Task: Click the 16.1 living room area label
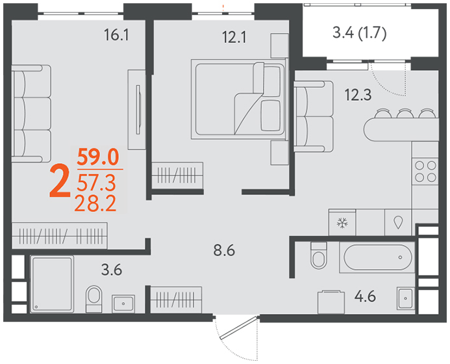[116, 35]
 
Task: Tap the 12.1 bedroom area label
[234, 37]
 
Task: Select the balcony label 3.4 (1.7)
[360, 32]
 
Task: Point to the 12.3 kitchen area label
[358, 95]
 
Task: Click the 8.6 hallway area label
[224, 250]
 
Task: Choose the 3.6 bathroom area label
[112, 270]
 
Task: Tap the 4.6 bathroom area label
[365, 296]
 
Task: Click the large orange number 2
[60, 182]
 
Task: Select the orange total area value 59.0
[98, 157]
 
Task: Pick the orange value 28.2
[95, 203]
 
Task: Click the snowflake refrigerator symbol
[342, 223]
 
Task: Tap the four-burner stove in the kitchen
[425, 172]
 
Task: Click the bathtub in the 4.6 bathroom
[377, 257]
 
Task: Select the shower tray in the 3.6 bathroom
[52, 284]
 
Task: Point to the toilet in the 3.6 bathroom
[94, 299]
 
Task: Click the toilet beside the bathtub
[319, 255]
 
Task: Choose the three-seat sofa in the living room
[31, 114]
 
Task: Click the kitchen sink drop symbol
[398, 222]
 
